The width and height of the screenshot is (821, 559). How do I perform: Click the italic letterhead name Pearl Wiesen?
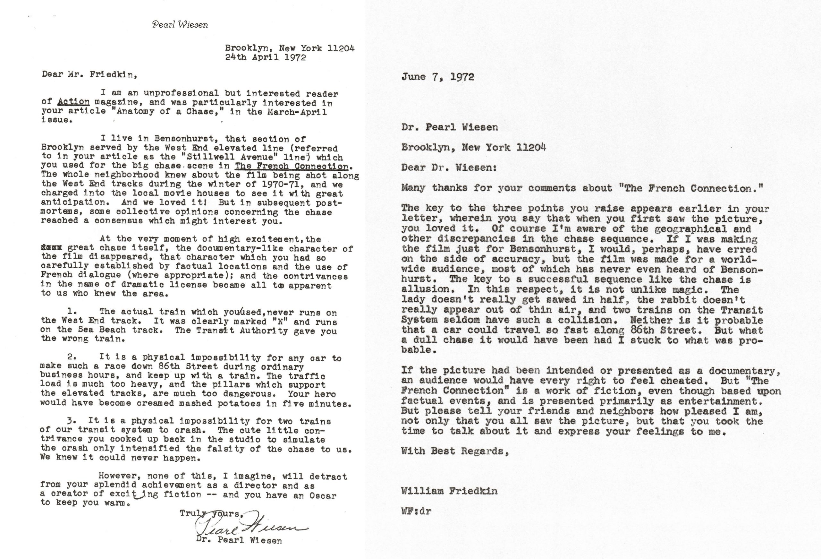pos(180,25)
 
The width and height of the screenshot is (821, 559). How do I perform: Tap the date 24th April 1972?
pos(265,57)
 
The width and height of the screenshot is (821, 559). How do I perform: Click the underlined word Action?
pos(73,102)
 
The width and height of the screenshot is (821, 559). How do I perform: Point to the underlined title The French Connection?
pos(292,166)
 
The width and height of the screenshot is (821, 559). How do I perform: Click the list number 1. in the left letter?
pos(72,312)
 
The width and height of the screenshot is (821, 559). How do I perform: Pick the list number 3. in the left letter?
pos(72,421)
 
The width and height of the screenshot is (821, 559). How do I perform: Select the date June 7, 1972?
pos(437,77)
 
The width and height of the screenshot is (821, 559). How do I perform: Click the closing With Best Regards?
pos(455,451)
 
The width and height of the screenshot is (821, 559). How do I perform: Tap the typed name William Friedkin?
pos(449,491)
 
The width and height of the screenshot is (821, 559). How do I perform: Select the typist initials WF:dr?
pos(416,511)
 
